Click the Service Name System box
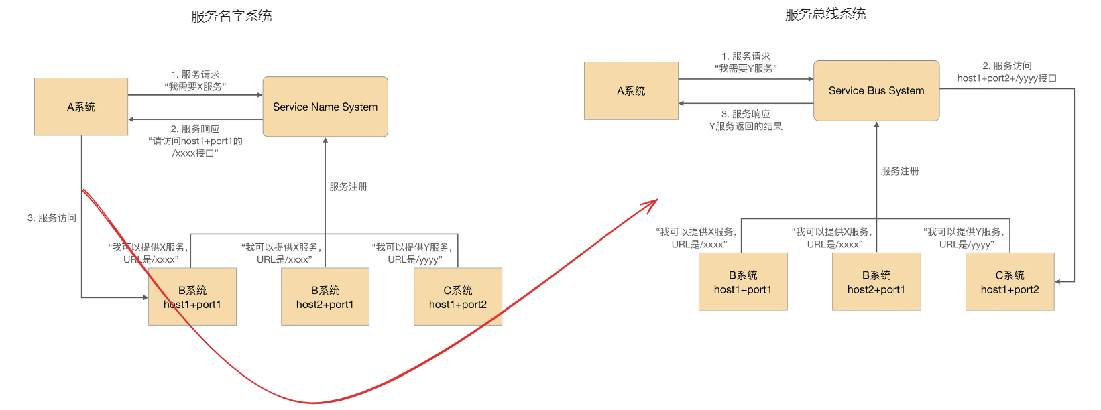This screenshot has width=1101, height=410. pyautogui.click(x=325, y=107)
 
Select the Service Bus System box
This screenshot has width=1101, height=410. pyautogui.click(x=876, y=90)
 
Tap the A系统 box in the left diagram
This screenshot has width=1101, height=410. pyautogui.click(x=81, y=107)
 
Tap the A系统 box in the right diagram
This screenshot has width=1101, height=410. pyautogui.click(x=631, y=90)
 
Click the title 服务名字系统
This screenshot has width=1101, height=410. pyautogui.click(x=231, y=16)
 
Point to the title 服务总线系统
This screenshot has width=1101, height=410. pyautogui.click(x=825, y=14)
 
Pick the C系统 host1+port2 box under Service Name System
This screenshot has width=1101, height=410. pyautogui.click(x=458, y=297)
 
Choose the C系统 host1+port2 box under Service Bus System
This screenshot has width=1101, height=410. pyautogui.click(x=1010, y=281)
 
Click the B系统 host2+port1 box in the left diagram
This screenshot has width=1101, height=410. pyautogui.click(x=325, y=297)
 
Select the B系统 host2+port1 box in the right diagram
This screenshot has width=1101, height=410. pyautogui.click(x=876, y=281)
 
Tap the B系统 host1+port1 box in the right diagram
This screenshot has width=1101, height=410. pyautogui.click(x=743, y=281)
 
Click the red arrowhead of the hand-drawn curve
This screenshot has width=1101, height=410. pyautogui.click(x=652, y=203)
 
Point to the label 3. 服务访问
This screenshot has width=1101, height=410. pyautogui.click(x=52, y=218)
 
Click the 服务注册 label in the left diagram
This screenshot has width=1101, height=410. pyautogui.click(x=348, y=186)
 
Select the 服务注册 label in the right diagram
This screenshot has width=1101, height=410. pyautogui.click(x=900, y=171)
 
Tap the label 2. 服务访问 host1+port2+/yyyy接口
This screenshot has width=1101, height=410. pyautogui.click(x=1006, y=72)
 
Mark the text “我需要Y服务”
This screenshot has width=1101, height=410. pyautogui.click(x=746, y=68)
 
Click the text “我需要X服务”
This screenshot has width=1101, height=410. pyautogui.click(x=195, y=86)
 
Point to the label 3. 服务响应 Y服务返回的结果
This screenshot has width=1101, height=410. pyautogui.click(x=746, y=120)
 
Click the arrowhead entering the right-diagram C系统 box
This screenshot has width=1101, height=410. pyautogui.click(x=1058, y=281)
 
